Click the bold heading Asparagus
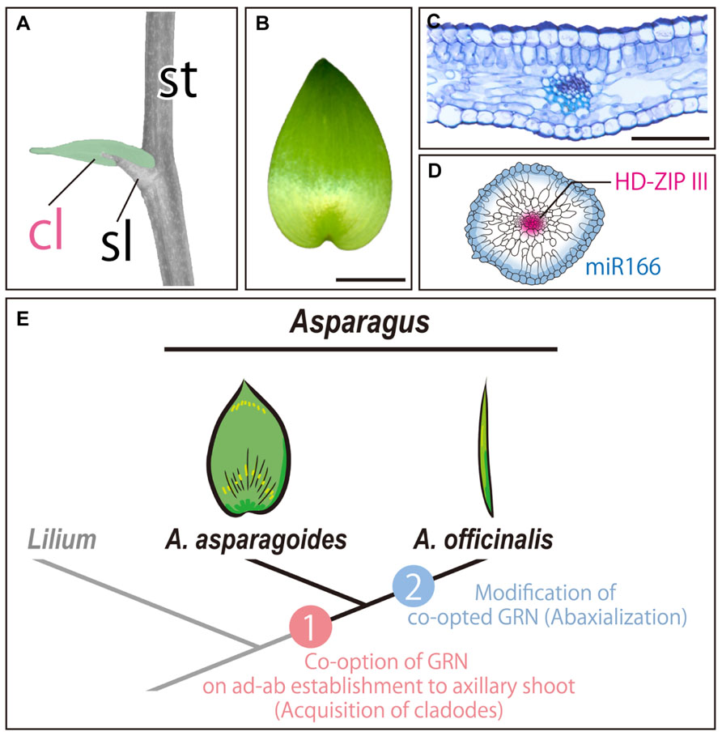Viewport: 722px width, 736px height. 360,329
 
